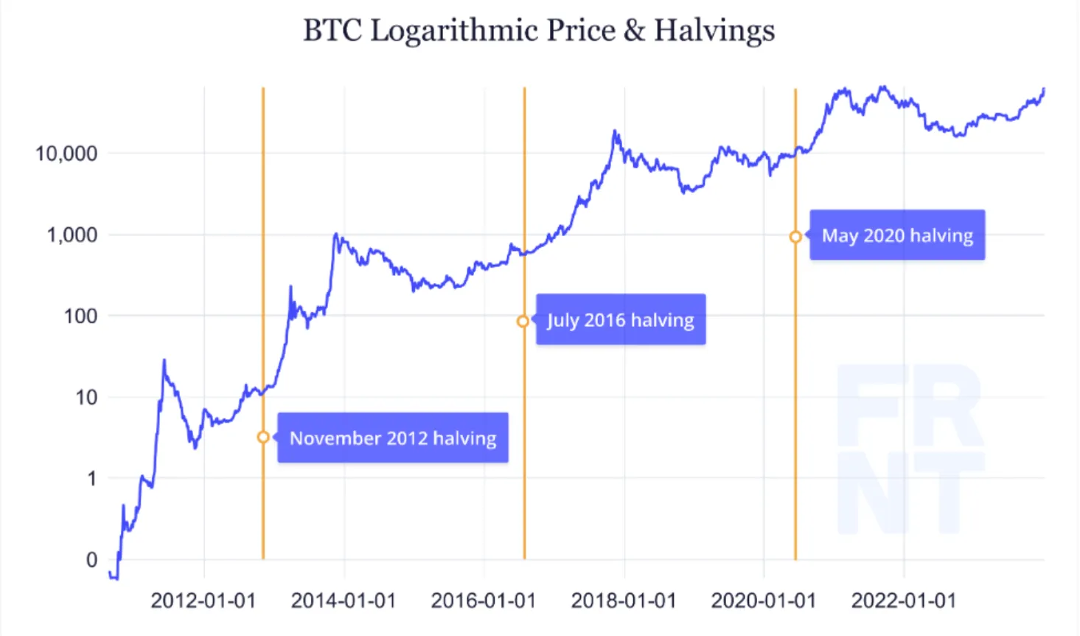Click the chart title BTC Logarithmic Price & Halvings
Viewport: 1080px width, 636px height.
point(539,31)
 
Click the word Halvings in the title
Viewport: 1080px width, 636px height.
point(714,31)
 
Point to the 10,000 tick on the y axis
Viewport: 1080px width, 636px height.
point(66,153)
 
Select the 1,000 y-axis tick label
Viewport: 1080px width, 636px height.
point(72,235)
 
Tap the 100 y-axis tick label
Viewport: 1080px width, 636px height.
point(80,316)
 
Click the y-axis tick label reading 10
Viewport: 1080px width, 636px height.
point(86,397)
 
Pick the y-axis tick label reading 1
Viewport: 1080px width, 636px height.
point(91,478)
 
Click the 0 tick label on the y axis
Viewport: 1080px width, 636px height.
point(91,559)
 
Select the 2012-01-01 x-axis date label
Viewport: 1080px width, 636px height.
point(203,601)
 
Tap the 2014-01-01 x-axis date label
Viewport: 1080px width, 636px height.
point(344,601)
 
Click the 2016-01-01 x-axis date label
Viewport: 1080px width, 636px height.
point(484,601)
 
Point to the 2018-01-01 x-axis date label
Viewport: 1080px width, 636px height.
point(624,601)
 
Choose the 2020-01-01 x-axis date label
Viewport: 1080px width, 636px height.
point(764,601)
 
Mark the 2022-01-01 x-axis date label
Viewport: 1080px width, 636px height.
point(904,601)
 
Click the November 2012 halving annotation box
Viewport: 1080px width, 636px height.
point(393,438)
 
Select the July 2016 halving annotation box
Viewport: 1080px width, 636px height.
point(621,320)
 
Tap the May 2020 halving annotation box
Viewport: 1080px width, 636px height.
point(897,235)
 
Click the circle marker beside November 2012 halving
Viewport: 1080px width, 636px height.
point(263,438)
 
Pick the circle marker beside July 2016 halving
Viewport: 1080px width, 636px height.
point(523,321)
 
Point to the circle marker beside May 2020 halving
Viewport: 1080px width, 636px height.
point(795,237)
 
